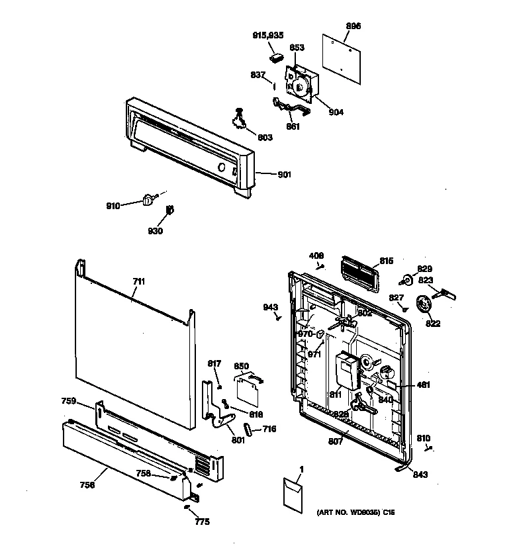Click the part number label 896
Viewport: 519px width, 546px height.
pyautogui.click(x=354, y=26)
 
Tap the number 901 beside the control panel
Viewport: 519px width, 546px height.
pyautogui.click(x=284, y=175)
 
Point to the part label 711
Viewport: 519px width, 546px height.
pyautogui.click(x=138, y=281)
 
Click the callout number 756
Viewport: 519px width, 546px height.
pyautogui.click(x=87, y=485)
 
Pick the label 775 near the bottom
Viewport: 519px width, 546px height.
pyautogui.click(x=202, y=522)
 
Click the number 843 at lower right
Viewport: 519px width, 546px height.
pyautogui.click(x=420, y=474)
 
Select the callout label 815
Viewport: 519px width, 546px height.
pyautogui.click(x=387, y=261)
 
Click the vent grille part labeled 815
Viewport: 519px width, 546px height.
pyautogui.click(x=355, y=272)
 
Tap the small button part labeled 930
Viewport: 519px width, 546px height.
pyautogui.click(x=169, y=210)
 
